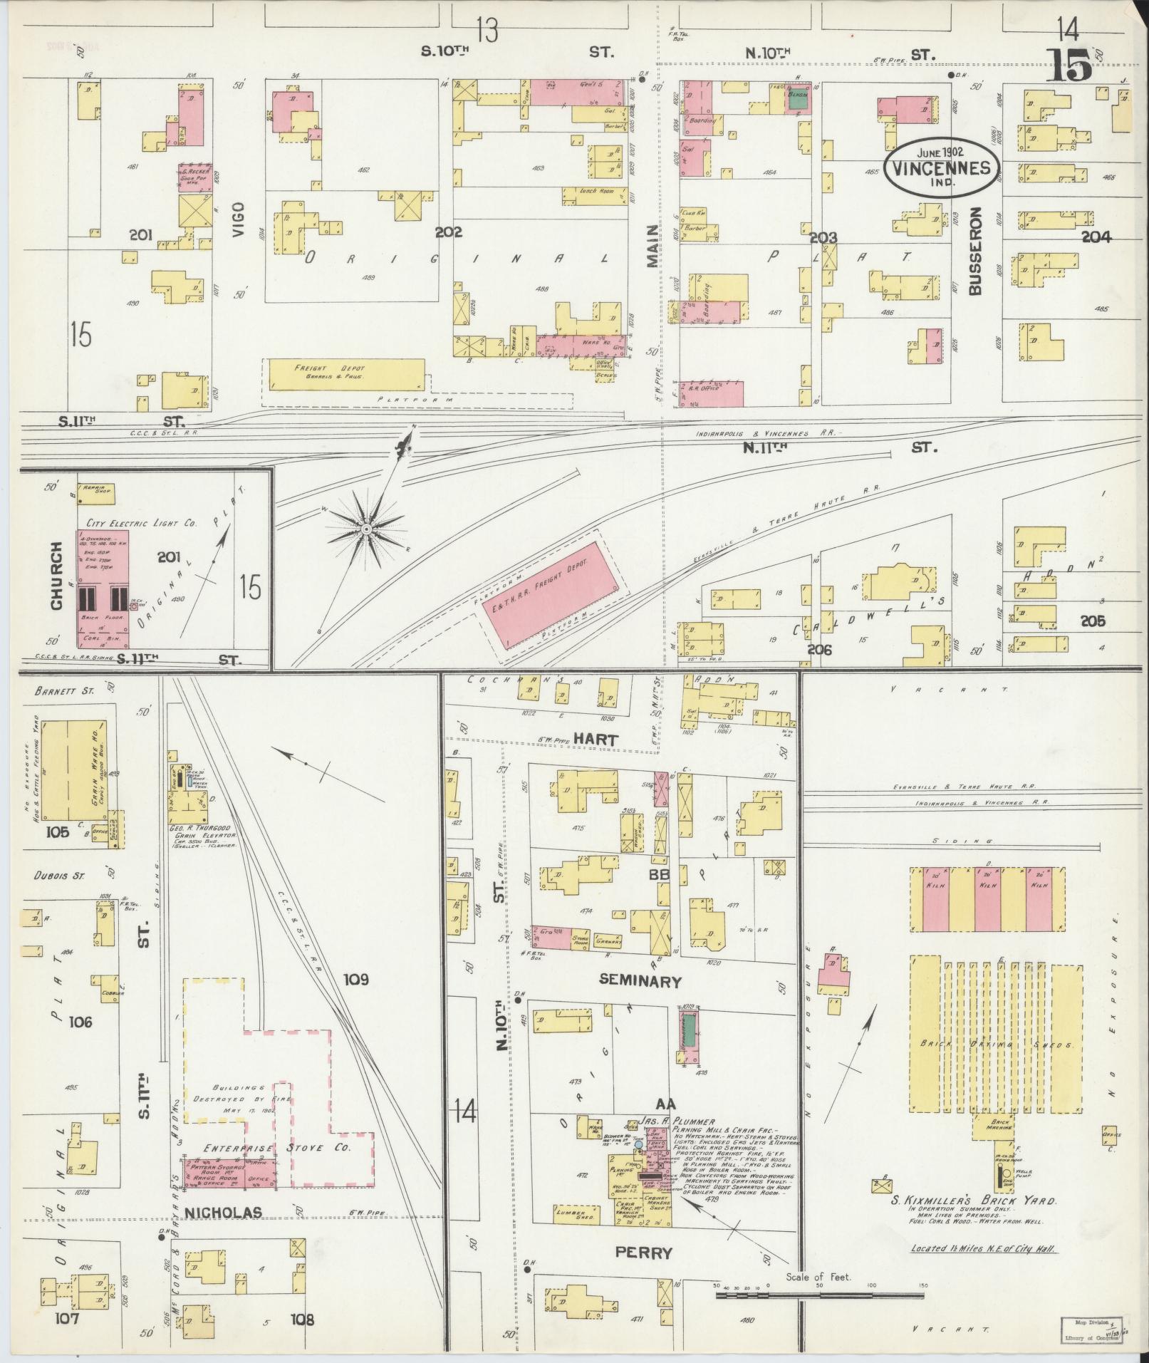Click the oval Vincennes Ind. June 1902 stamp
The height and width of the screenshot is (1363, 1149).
click(x=940, y=168)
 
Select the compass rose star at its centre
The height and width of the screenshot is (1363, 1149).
click(x=365, y=529)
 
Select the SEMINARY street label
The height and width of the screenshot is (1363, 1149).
click(x=640, y=981)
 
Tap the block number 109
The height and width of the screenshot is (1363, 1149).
click(x=355, y=980)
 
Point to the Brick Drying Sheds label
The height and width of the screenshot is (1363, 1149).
click(x=995, y=1045)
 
